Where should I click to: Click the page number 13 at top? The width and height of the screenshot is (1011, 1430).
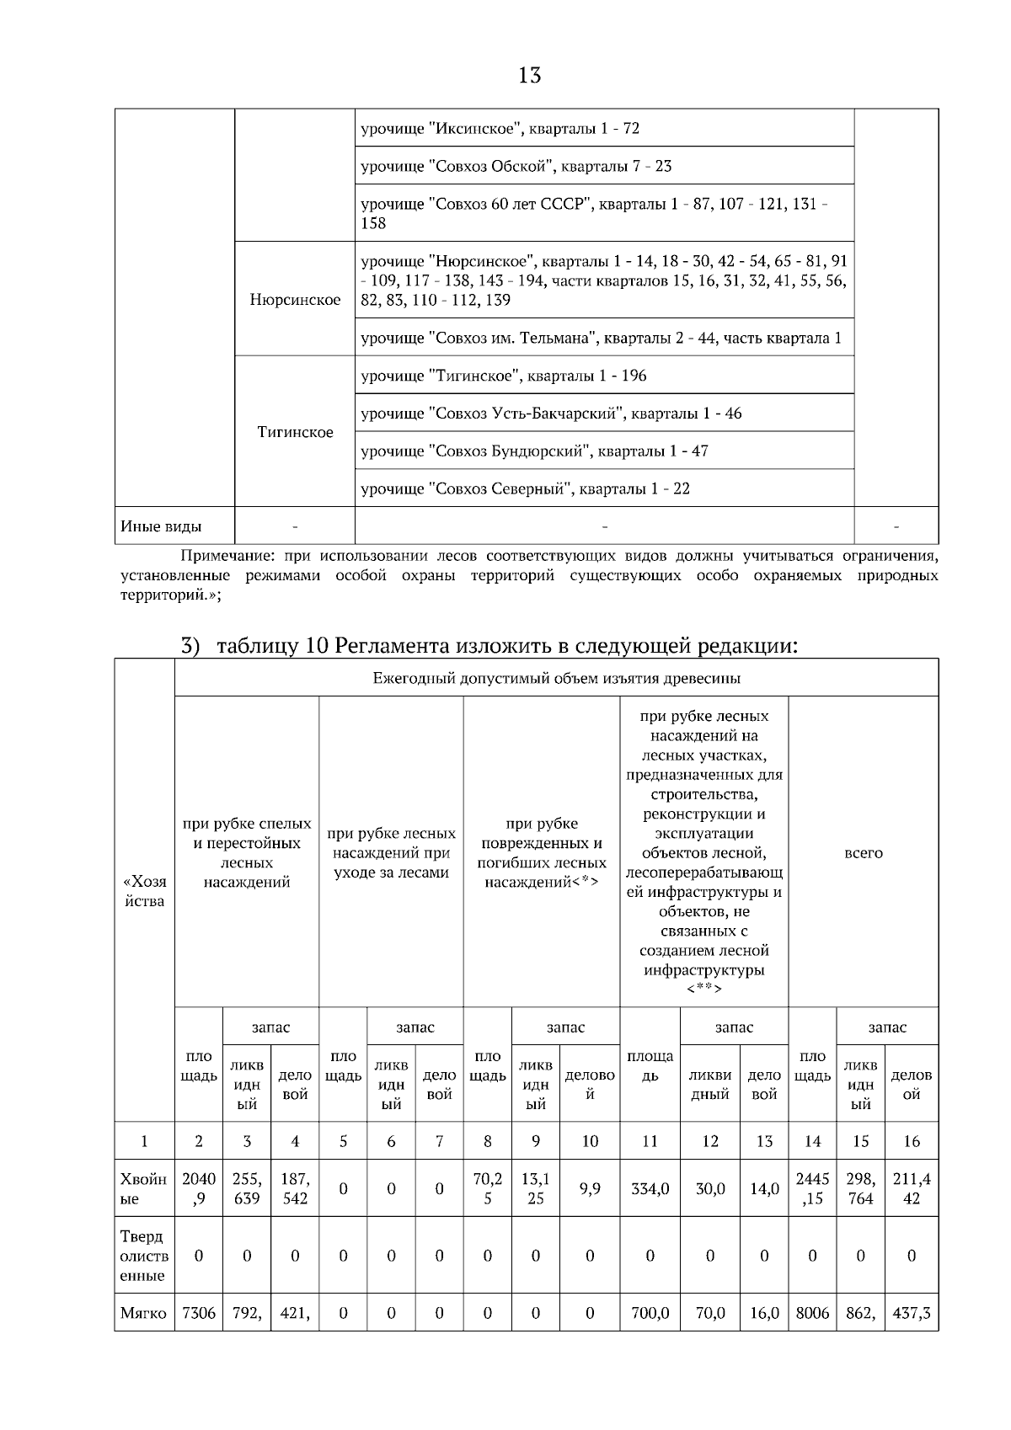click(529, 76)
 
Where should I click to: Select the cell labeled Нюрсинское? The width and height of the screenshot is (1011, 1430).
click(295, 300)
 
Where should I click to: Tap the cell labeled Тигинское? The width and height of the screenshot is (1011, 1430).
click(295, 432)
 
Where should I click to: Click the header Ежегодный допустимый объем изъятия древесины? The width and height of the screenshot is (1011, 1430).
click(556, 678)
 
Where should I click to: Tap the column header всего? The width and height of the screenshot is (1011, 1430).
click(863, 852)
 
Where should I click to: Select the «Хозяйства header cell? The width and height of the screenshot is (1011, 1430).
click(144, 891)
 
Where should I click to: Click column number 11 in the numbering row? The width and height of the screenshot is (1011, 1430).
click(650, 1141)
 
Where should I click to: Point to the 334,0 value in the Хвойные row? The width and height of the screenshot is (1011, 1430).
click(650, 1188)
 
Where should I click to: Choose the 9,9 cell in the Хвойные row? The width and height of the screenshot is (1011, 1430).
click(590, 1188)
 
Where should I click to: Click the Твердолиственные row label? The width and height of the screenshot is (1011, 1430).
click(144, 1256)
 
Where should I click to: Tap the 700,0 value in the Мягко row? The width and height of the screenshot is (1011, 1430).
click(650, 1312)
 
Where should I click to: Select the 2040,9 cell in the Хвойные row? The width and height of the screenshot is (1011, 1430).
click(199, 1188)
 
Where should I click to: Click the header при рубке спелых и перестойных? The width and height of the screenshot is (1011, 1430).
click(247, 852)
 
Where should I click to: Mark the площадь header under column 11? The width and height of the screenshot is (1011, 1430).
click(650, 1065)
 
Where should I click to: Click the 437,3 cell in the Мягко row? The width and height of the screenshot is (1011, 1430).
click(911, 1312)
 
